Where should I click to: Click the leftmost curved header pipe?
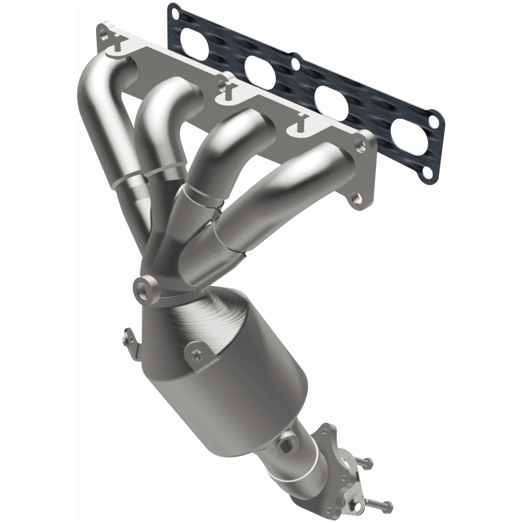pyautogui.click(x=105, y=111)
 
